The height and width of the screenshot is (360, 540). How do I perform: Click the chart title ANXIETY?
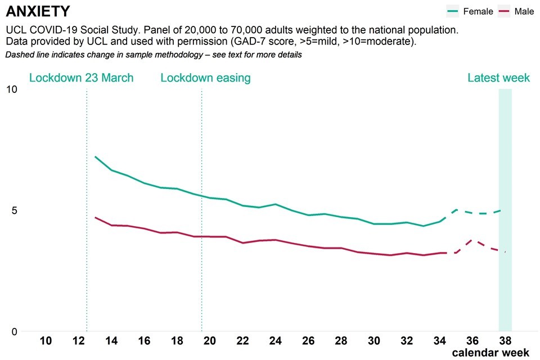[38, 11]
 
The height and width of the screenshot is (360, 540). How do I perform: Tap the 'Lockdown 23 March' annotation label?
[82, 78]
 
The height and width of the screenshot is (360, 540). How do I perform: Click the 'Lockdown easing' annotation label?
[205, 78]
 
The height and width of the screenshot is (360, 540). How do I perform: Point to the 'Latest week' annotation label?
[498, 78]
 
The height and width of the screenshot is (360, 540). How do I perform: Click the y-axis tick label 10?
[11, 89]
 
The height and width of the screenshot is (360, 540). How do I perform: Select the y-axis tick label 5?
[14, 210]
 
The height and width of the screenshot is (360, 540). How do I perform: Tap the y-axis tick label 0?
[14, 331]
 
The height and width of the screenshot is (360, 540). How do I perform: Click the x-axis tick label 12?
[79, 340]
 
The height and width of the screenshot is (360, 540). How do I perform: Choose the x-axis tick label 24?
[276, 340]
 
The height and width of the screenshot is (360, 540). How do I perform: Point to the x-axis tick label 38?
[505, 340]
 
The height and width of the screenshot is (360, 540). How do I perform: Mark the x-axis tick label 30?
[374, 340]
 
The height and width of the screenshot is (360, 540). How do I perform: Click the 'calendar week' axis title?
[490, 353]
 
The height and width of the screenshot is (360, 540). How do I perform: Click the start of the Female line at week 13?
[96, 157]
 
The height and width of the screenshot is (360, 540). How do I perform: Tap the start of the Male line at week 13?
[96, 217]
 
